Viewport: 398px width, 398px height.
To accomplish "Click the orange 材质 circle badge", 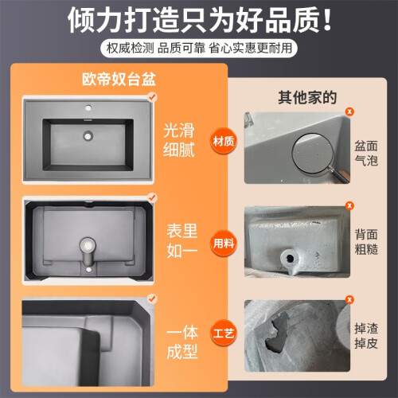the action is [x=224, y=141].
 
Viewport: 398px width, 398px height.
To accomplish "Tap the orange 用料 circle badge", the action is [x=224, y=243].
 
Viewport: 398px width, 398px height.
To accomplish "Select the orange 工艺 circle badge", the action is [x=224, y=333].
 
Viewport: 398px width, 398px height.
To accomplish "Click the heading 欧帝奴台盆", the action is [x=119, y=79].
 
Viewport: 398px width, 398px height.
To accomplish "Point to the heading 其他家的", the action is [x=307, y=97].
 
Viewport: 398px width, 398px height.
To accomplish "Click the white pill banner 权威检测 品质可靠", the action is [x=199, y=49].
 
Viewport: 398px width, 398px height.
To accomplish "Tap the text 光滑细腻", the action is [x=178, y=140].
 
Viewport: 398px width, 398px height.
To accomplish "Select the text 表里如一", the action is [x=182, y=241].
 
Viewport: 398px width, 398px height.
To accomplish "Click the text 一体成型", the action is [x=182, y=342].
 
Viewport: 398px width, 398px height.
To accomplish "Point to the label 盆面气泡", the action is [x=366, y=154].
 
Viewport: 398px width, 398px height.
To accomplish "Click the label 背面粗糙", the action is [x=366, y=242].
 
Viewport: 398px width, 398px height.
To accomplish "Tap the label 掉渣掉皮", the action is [x=366, y=336].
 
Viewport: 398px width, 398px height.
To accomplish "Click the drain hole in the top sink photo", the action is [x=88, y=135].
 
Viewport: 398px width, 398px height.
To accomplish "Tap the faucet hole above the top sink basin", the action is [x=88, y=107].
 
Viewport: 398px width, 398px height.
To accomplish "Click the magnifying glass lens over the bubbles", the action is [x=312, y=153].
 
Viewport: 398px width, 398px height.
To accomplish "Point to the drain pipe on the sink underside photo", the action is [x=88, y=252].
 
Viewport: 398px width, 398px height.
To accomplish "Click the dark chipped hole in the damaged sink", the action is [x=277, y=332].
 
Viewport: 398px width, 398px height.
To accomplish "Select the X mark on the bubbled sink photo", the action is [x=349, y=111].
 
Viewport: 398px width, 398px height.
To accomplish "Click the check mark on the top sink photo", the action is [x=152, y=96].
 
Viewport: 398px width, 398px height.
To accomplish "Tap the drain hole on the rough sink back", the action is [x=290, y=258].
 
